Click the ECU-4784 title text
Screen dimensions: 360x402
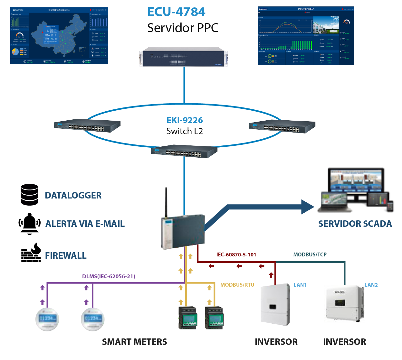tap(176, 12)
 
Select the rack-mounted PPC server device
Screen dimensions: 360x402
tap(184, 57)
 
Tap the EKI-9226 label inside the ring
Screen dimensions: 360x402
tap(185, 120)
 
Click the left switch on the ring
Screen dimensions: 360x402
tap(87, 126)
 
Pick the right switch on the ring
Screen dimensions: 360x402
tap(282, 126)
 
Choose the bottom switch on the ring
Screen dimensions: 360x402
tap(184, 152)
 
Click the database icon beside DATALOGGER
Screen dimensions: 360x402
tap(29, 195)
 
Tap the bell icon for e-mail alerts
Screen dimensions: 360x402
tap(29, 223)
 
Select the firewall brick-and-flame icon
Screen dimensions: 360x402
tap(31, 253)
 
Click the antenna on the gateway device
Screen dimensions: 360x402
tap(166, 203)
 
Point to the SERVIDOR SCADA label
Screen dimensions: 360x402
tap(355, 224)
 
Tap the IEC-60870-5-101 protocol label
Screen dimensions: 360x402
tap(236, 255)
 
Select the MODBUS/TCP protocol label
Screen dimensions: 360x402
tap(310, 254)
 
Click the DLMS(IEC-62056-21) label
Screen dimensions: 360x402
tap(109, 276)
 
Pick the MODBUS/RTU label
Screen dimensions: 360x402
tap(237, 285)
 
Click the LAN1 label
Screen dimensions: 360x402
tap(300, 285)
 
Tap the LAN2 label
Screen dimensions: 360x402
tap(371, 285)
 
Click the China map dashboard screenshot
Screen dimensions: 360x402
tap(59, 36)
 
